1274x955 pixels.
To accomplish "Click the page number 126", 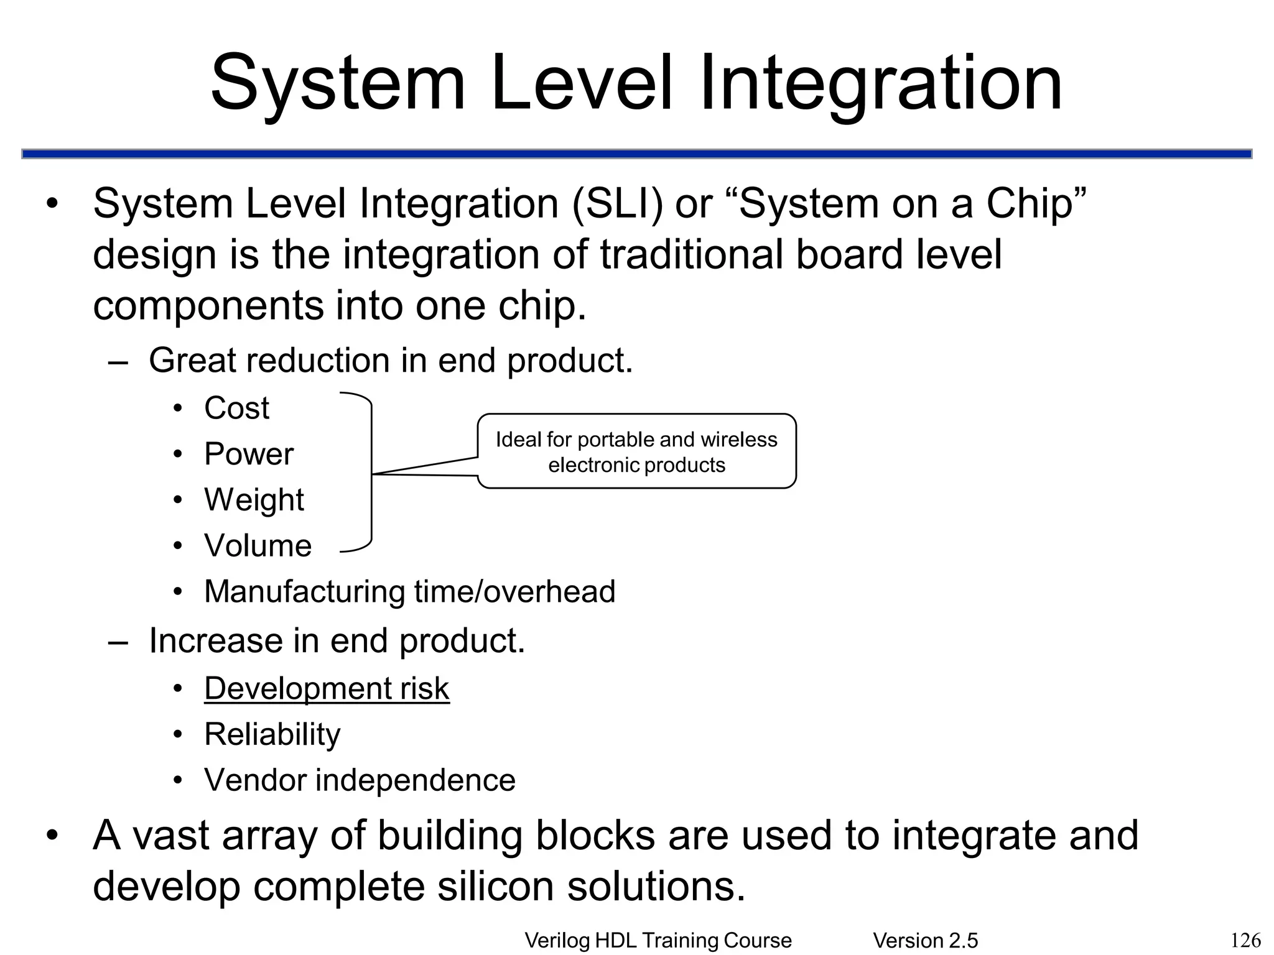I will pyautogui.click(x=1245, y=940).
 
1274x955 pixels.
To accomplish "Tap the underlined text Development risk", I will pyautogui.click(x=327, y=689).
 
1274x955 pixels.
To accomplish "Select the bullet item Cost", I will pyautogui.click(x=236, y=408).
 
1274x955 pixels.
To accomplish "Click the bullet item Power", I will pyautogui.click(x=248, y=454).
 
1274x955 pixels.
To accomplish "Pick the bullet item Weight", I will pyautogui.click(x=254, y=500).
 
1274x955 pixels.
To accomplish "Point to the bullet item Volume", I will pyautogui.click(x=258, y=546).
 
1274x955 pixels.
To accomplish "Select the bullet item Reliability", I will pyautogui.click(x=272, y=735).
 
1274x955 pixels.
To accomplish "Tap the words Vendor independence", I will pyautogui.click(x=360, y=780).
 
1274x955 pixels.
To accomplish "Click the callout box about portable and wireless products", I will pyautogui.click(x=636, y=451).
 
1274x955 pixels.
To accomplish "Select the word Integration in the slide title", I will pyautogui.click(x=880, y=84).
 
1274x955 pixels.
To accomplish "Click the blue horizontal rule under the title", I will pyautogui.click(x=636, y=154).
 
